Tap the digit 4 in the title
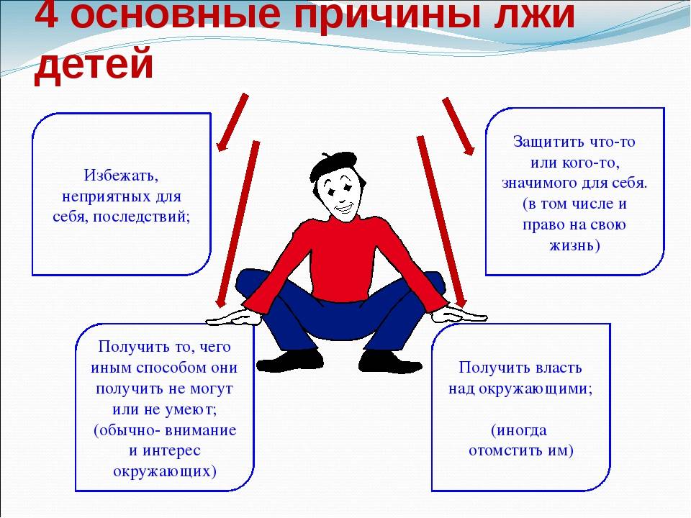(46, 14)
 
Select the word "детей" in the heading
(94, 65)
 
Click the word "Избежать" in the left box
(121, 176)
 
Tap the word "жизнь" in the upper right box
(570, 245)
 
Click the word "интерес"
(171, 450)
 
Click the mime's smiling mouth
(344, 207)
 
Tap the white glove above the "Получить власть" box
(459, 314)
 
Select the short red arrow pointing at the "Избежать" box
(232, 122)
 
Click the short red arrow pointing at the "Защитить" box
(459, 127)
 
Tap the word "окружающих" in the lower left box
(165, 471)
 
